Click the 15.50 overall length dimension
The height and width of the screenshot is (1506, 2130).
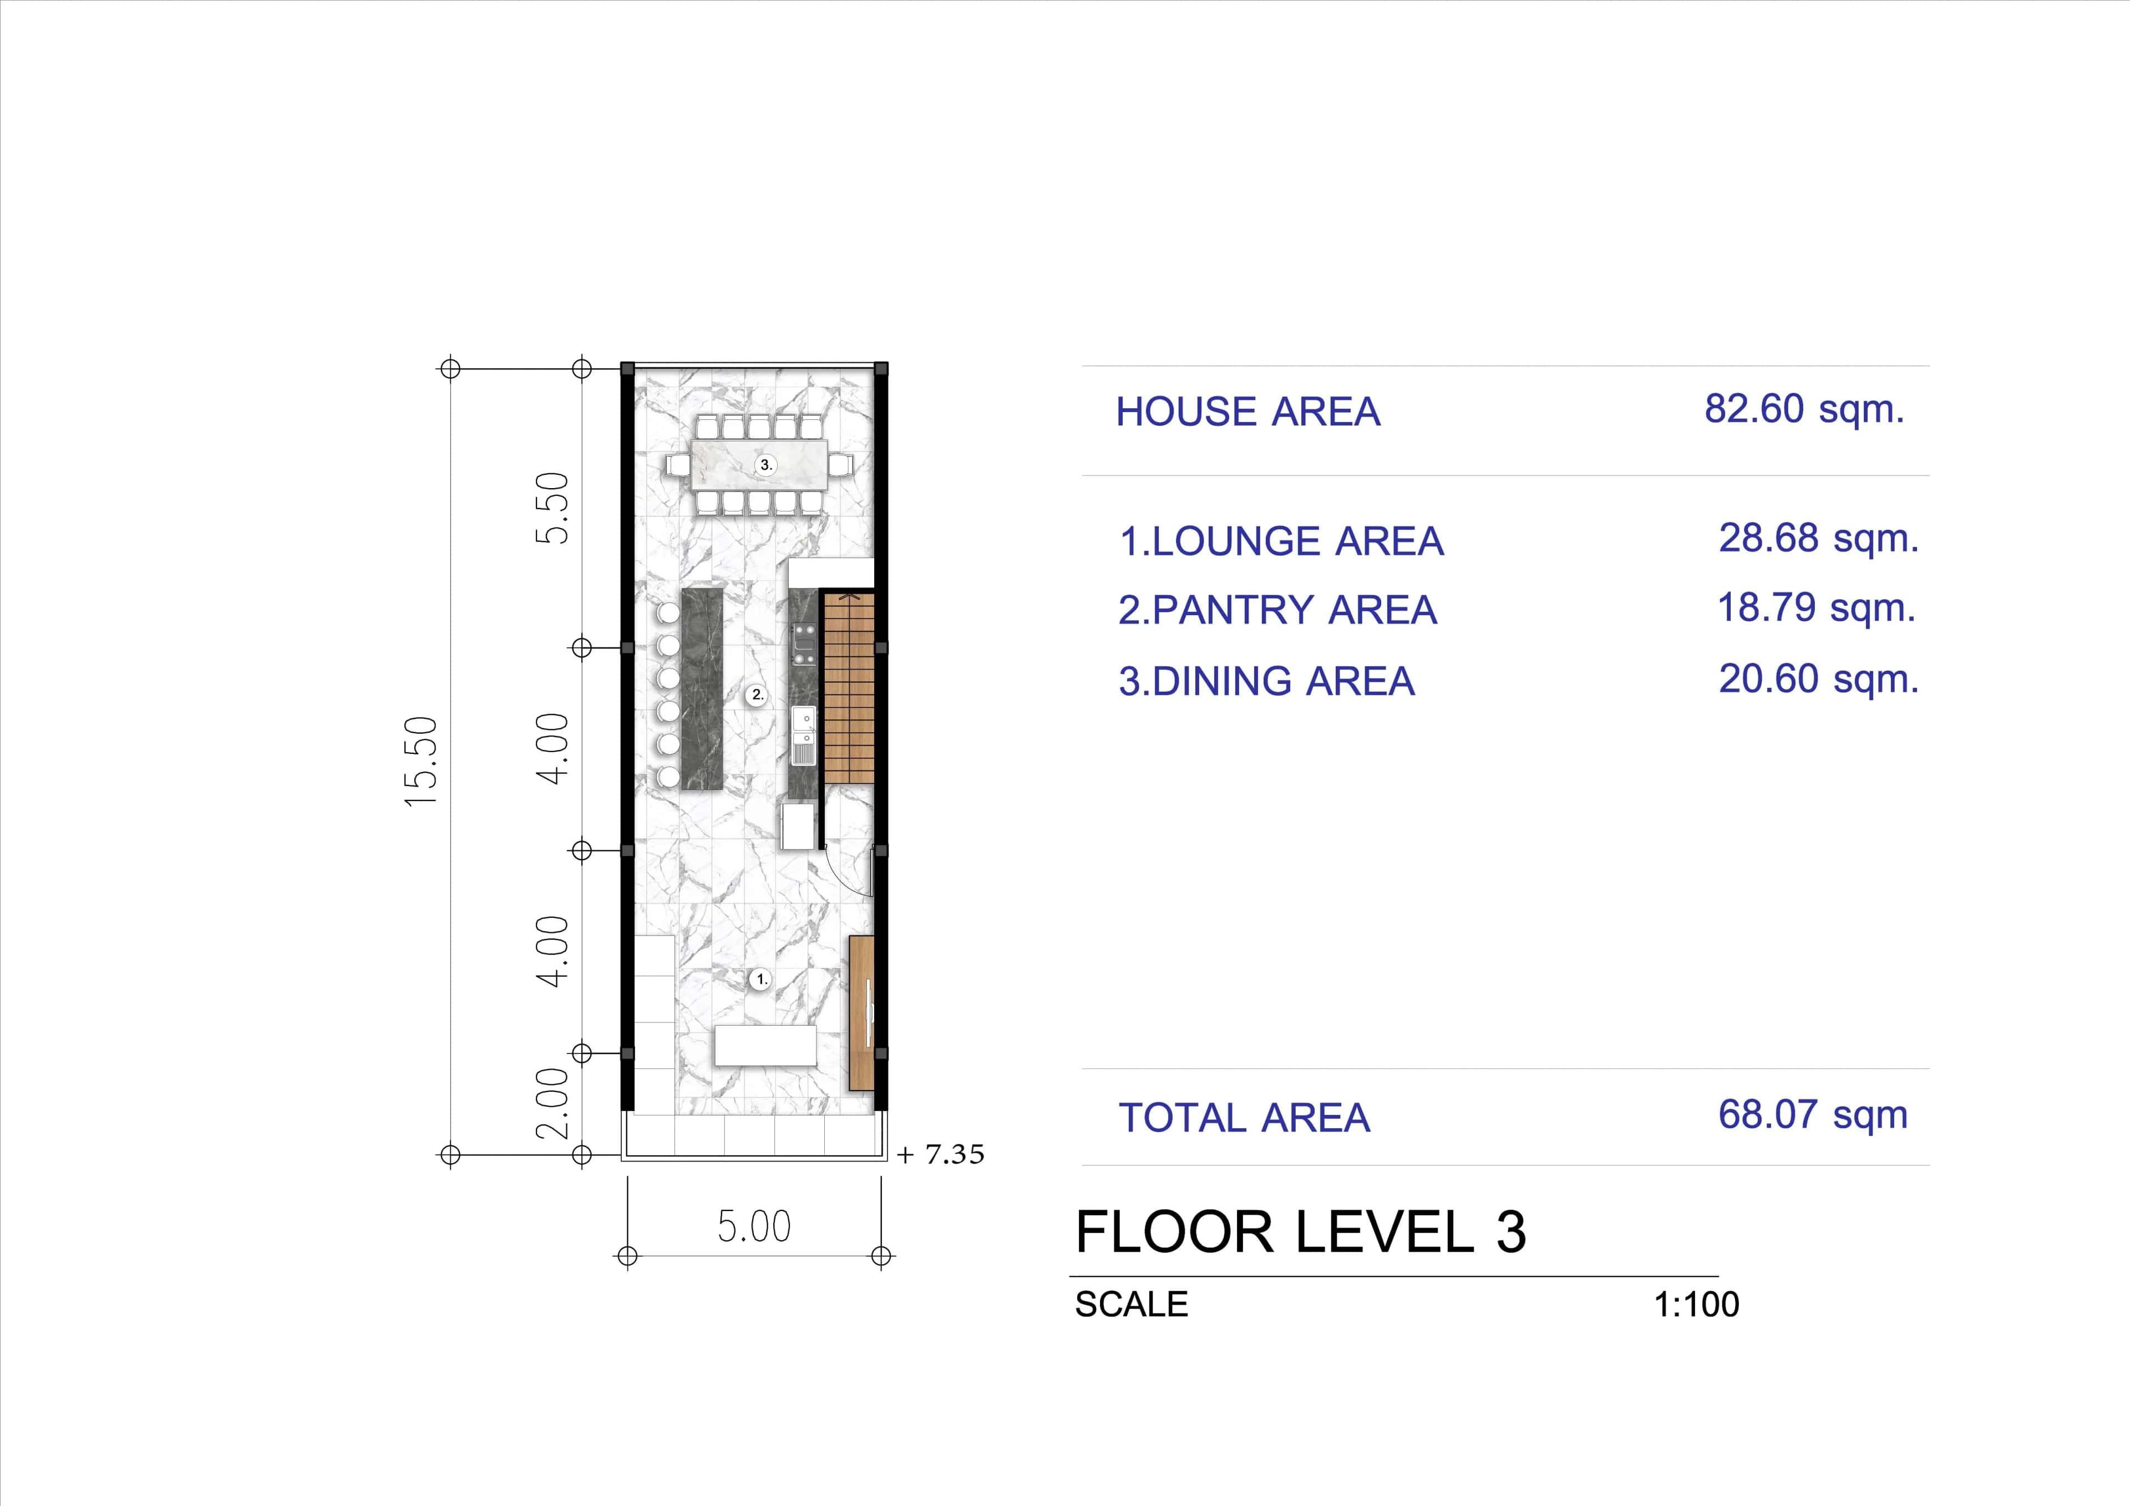click(420, 761)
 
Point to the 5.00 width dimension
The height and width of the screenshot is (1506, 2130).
click(753, 1226)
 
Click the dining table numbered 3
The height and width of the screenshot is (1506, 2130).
click(760, 464)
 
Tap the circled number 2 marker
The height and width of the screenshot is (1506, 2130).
click(757, 694)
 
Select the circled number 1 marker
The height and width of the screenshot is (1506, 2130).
click(760, 979)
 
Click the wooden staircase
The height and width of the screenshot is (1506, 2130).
click(849, 687)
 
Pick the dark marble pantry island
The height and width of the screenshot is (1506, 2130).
click(702, 688)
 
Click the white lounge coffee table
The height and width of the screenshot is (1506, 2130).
click(765, 1045)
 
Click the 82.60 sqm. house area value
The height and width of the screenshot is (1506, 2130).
click(1803, 409)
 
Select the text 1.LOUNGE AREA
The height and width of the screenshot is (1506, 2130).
click(1281, 541)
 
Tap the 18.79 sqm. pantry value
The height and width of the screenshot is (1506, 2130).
click(1815, 608)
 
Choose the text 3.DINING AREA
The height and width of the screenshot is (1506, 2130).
click(1266, 681)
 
